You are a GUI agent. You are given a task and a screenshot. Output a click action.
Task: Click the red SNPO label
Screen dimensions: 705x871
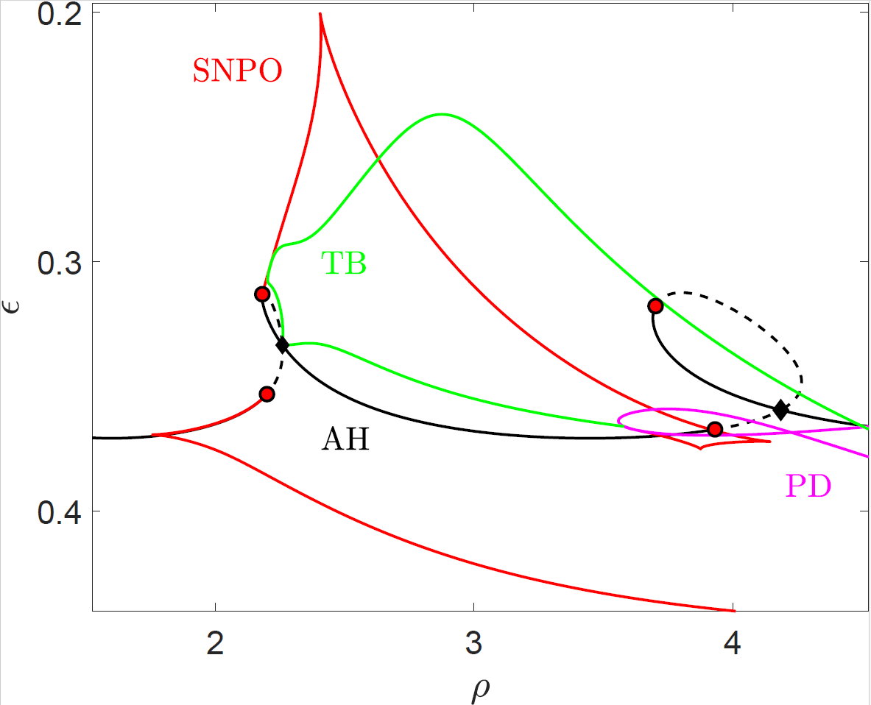[237, 71]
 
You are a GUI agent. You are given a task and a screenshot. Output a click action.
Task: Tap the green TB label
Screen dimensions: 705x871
[343, 263]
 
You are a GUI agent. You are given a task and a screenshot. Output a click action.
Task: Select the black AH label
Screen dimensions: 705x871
[345, 440]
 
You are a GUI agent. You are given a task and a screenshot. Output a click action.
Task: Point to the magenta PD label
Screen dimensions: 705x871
[808, 486]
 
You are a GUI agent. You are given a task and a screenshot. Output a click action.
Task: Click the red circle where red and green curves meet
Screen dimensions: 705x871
[262, 294]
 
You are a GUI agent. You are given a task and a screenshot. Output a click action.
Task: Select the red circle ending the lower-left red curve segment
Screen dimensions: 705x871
[267, 394]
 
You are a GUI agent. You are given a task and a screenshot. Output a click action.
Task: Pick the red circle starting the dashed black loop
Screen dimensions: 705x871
[655, 306]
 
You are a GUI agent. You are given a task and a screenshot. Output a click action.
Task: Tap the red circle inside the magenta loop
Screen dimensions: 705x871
[714, 429]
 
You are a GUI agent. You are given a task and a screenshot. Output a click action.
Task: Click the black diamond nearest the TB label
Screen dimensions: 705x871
[282, 345]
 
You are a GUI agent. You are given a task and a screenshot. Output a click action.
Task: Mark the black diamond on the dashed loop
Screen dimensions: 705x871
[780, 411]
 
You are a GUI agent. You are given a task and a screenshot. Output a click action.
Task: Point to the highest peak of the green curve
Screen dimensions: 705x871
[442, 114]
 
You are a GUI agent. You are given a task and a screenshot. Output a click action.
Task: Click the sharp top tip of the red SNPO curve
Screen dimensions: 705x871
[320, 13]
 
